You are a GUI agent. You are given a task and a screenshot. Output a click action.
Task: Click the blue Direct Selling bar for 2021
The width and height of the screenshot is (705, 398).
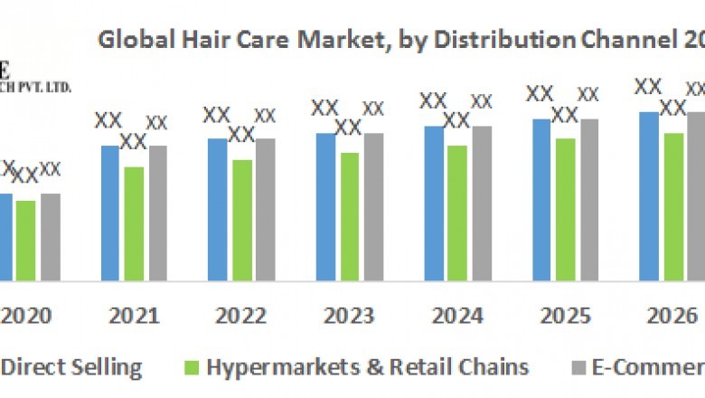point(109,213)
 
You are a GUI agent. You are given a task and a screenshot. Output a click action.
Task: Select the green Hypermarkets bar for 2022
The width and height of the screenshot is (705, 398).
point(241,220)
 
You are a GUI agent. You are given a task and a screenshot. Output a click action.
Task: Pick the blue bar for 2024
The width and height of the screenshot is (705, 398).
point(434,203)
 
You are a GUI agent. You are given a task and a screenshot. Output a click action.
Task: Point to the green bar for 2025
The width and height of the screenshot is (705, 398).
point(565,209)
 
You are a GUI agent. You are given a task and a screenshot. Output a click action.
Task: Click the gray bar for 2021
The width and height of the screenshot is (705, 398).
point(157,213)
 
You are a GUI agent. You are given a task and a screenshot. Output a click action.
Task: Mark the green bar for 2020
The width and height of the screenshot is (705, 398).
point(25,240)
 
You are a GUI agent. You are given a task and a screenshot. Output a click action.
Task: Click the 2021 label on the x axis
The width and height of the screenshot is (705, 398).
point(134,316)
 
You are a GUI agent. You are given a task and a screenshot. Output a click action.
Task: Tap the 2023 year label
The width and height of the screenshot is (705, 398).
point(349,316)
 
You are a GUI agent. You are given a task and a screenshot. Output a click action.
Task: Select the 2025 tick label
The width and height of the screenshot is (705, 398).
point(565,316)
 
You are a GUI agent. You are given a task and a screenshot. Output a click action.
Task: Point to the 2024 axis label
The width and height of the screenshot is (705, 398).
point(457,316)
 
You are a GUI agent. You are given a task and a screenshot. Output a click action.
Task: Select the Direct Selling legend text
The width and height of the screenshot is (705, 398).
point(73,367)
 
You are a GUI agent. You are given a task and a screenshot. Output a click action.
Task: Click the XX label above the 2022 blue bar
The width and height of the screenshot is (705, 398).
point(217,116)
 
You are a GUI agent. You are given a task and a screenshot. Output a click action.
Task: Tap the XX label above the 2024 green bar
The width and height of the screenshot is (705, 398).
point(456,121)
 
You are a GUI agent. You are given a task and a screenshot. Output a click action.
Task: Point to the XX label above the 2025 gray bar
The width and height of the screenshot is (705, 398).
point(588,95)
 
